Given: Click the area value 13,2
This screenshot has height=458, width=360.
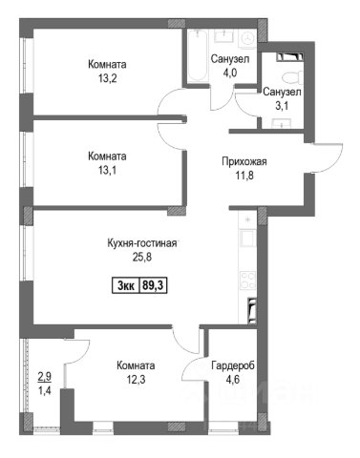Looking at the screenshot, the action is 107,78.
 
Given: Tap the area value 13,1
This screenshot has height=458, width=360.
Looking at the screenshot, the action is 107,170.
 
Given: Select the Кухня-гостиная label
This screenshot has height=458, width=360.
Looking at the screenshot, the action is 142,243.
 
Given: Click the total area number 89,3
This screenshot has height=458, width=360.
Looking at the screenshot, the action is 153,285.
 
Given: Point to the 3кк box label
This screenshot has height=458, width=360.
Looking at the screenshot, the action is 126,285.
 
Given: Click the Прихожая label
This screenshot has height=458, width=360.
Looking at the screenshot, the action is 244,161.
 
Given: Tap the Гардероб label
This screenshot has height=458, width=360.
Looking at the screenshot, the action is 233,365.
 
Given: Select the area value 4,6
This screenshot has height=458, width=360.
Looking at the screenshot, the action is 232,379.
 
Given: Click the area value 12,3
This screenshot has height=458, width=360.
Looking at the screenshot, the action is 136,379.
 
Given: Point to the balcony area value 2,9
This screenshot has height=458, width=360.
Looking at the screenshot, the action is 45,376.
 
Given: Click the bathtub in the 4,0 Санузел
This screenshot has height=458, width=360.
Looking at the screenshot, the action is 197,56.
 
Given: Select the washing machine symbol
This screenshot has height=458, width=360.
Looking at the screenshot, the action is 247,39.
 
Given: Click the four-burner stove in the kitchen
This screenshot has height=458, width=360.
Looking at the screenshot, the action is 247,280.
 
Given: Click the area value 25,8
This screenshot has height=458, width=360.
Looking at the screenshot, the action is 142,257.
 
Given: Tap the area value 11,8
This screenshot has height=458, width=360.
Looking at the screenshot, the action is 244,175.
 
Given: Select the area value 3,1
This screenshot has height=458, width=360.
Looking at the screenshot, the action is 282,106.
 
